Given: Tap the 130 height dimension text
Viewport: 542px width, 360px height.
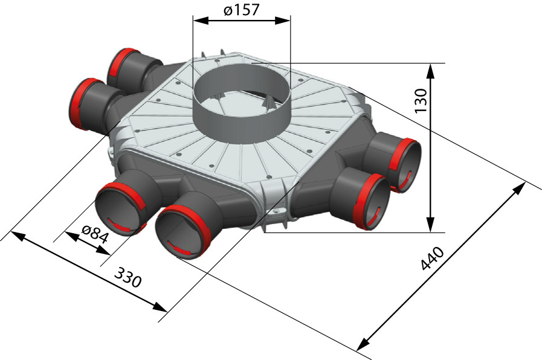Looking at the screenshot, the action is coord(421,100).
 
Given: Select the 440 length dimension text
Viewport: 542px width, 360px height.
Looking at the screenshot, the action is coord(433,258).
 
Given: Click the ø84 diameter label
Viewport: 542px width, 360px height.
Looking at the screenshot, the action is coord(94,234).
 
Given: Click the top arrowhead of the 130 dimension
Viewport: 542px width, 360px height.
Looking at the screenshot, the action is coord(430,71).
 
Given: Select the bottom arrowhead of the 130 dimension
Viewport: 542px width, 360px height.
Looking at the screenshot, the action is coord(430,225).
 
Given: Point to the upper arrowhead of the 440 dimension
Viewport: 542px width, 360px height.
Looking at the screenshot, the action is coord(519,188).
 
